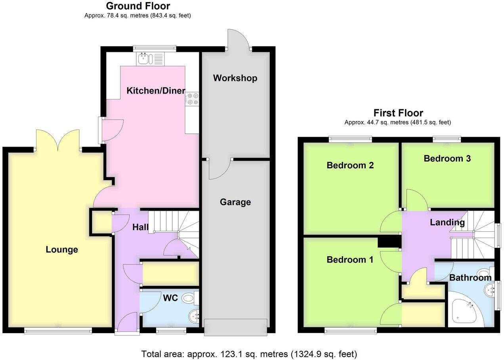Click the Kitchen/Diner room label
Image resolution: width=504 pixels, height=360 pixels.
pyautogui.click(x=156, y=91)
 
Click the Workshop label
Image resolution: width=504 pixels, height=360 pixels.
pyautogui.click(x=235, y=78)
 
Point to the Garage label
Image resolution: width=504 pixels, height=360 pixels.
pyautogui.click(x=235, y=202)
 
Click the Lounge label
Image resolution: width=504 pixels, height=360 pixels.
pyautogui.click(x=62, y=250)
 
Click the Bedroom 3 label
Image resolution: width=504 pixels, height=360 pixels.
pyautogui.click(x=447, y=158)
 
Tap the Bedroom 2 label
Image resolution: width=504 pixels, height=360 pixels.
pyautogui.click(x=350, y=165)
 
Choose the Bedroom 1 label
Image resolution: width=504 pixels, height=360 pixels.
pyautogui.click(x=350, y=260)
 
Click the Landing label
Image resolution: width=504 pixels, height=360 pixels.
pyautogui.click(x=447, y=223)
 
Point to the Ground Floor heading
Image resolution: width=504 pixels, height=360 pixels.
pyautogui.click(x=138, y=6)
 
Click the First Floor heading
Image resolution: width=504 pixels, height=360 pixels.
pyautogui.click(x=398, y=113)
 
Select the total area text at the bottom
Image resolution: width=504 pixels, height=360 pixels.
pyautogui.click(x=249, y=353)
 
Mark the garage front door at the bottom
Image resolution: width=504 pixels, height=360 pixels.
pyautogui.click(x=236, y=326)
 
